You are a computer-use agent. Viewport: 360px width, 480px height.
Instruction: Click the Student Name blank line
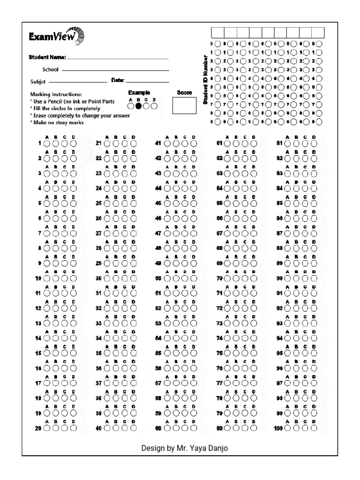118,59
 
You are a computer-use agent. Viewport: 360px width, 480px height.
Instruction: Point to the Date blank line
147,82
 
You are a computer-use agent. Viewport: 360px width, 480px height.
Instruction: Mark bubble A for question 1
47,143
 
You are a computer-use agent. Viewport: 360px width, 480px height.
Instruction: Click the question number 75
219,353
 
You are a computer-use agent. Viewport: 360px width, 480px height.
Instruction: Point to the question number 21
98,143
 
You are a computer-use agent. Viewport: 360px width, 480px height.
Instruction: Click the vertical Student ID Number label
205,79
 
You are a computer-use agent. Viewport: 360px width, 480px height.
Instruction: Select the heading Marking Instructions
55,94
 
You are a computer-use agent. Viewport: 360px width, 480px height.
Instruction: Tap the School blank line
115,70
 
